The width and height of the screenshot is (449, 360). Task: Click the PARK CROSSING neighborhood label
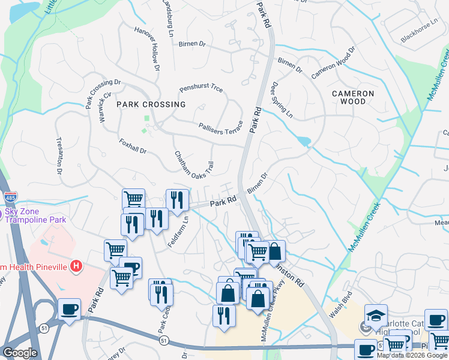151,104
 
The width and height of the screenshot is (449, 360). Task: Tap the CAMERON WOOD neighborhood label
353,98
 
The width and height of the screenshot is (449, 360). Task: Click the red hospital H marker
76,265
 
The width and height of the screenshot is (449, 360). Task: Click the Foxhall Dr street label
133,147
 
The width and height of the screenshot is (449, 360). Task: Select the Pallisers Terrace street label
221,127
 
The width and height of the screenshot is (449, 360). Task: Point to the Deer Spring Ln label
283,100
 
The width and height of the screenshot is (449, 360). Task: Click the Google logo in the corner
20,353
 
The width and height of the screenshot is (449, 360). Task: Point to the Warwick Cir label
105,107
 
